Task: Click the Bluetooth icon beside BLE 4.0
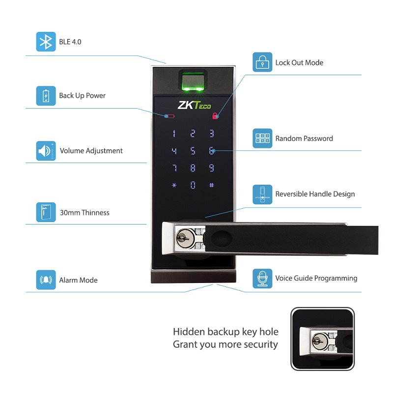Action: [x=46, y=42]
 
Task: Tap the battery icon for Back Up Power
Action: [x=46, y=96]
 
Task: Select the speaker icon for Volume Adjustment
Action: [x=46, y=151]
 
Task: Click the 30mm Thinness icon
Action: [x=46, y=212]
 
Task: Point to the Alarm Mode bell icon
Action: [x=46, y=280]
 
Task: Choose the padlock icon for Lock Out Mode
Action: [x=262, y=62]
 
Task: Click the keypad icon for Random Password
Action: [x=262, y=139]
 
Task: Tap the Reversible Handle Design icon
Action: [x=262, y=194]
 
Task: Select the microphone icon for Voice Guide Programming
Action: [x=262, y=278]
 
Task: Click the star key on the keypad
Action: [x=173, y=185]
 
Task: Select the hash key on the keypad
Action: [x=212, y=185]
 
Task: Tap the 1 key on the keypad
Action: [x=173, y=133]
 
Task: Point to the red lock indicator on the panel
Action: [x=215, y=116]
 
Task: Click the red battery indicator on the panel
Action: [x=169, y=116]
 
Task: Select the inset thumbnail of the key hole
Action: [x=322, y=339]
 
